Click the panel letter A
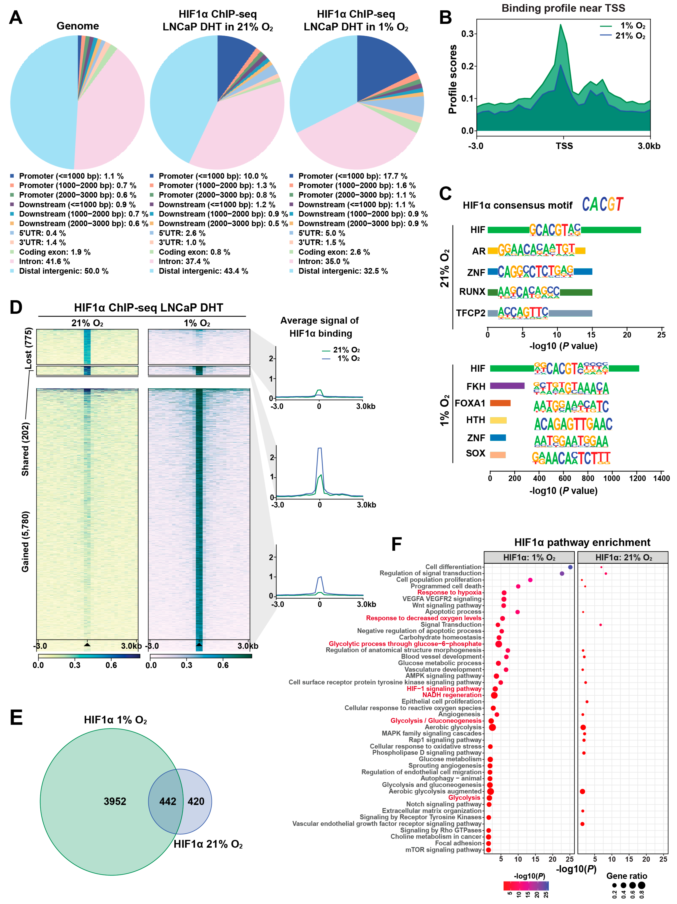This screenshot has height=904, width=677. point(16,18)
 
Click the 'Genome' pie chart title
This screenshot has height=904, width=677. point(78,26)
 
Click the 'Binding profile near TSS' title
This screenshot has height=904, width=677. point(563,8)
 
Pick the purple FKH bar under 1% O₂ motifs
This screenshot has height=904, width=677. point(507,386)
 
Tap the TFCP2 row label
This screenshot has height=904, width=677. point(470,313)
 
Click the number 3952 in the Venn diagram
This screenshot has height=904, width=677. point(115,801)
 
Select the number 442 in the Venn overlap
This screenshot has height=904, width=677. point(167,801)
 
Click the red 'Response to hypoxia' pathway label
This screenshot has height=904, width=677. point(449,592)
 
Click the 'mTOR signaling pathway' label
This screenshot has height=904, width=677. point(443,850)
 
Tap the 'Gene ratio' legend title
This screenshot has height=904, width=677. point(626,876)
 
